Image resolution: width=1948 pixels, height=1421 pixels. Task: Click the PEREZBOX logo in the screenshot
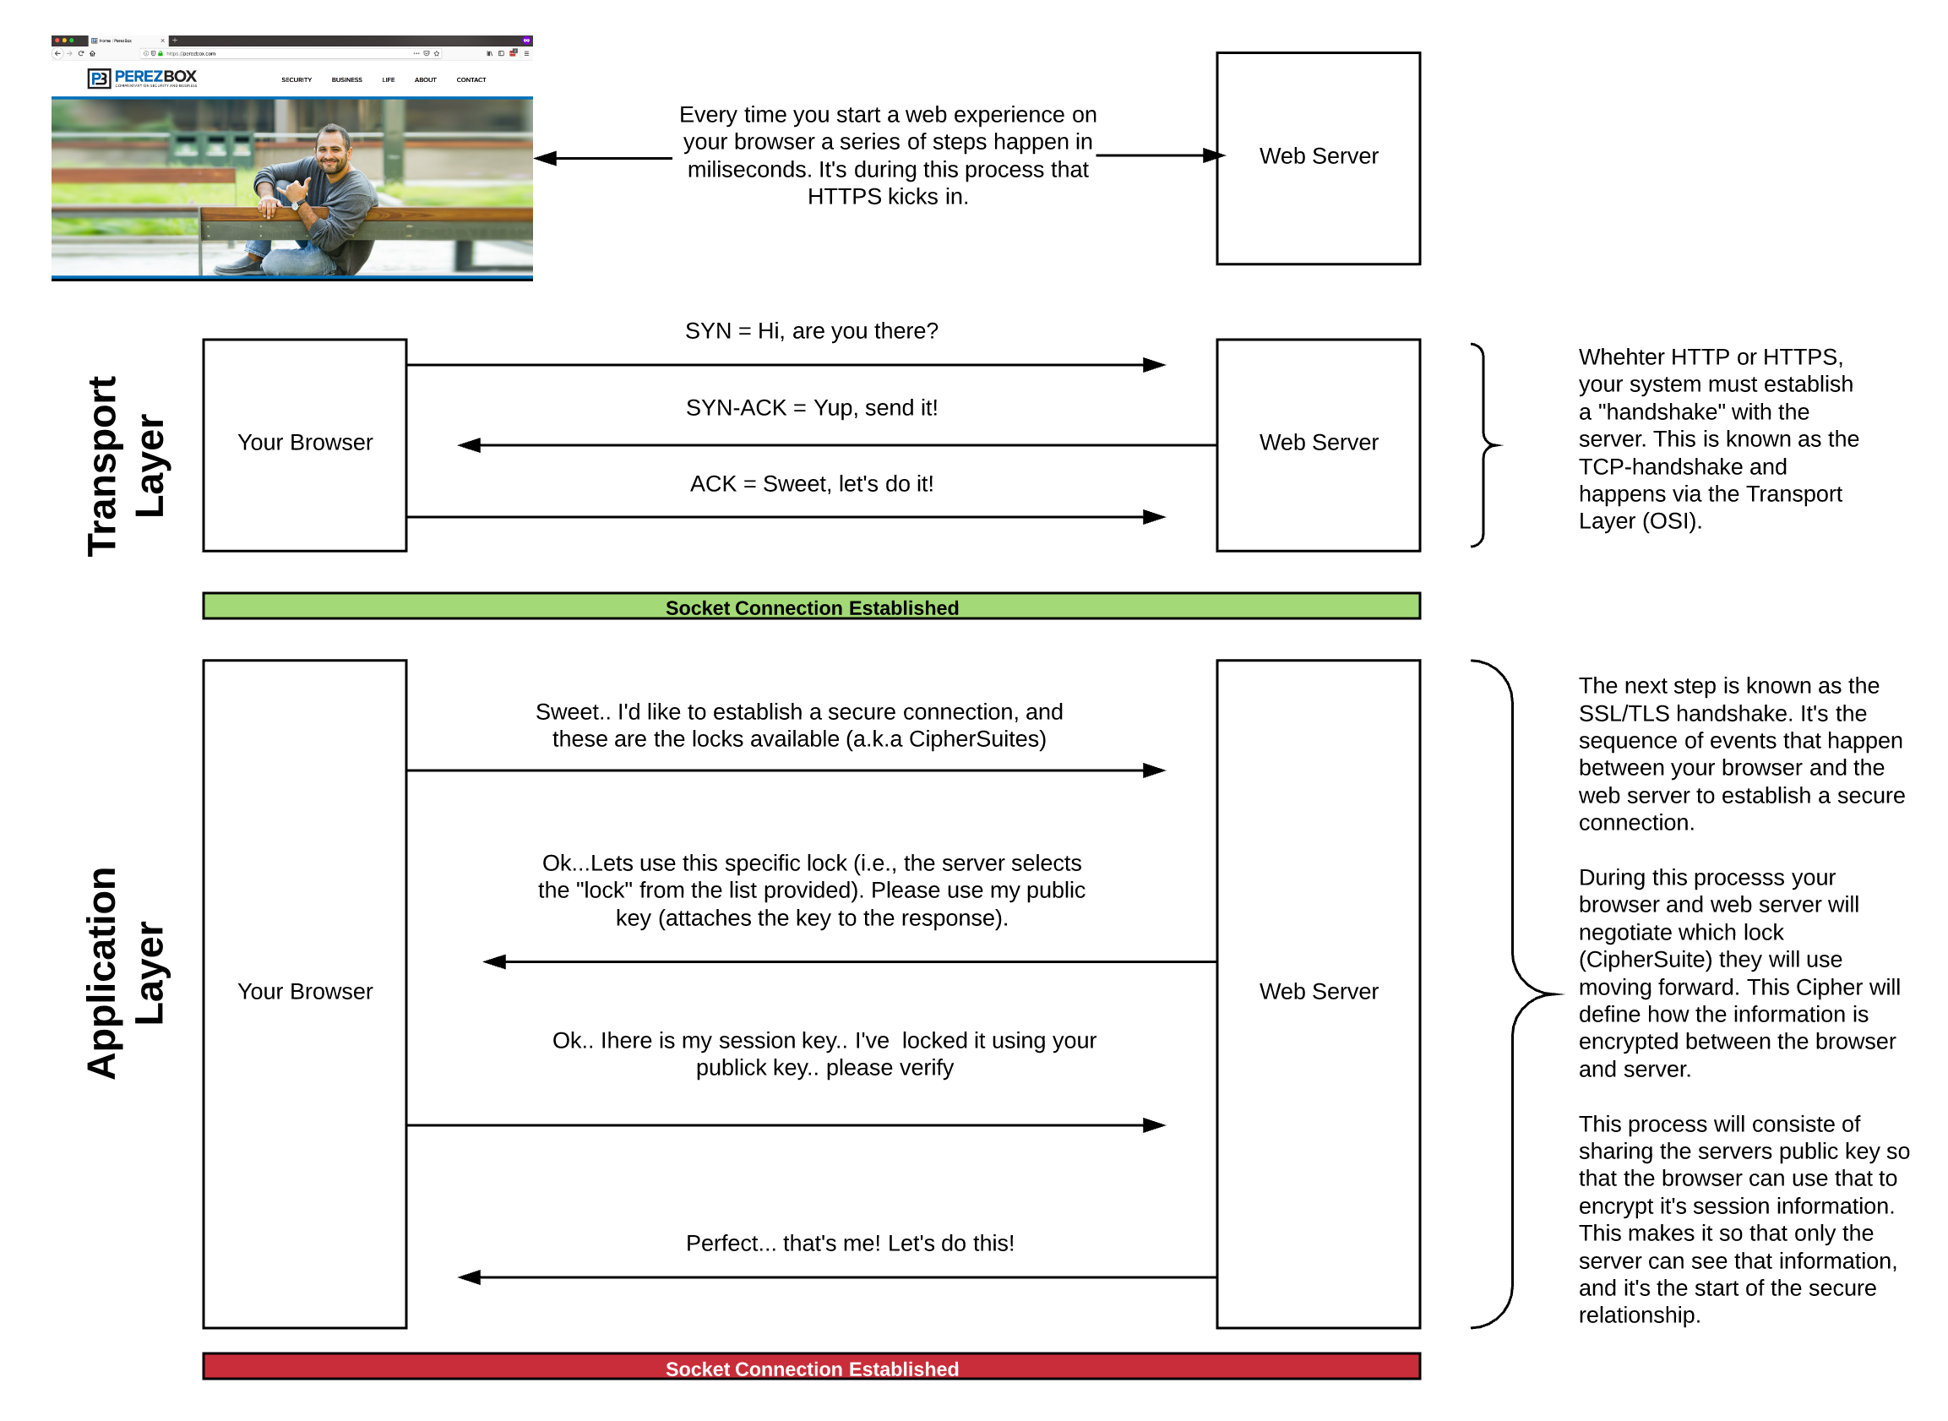143,79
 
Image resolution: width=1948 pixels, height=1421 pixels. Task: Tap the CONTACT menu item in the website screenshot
471,80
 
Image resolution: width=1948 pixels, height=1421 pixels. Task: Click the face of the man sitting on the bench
333,151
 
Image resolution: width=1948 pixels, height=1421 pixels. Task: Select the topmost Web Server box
1319,158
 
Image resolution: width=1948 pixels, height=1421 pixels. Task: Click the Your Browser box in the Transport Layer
305,444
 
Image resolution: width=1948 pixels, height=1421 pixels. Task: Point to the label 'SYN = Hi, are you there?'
812,331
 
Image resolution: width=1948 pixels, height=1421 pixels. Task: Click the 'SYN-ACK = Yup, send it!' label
812,408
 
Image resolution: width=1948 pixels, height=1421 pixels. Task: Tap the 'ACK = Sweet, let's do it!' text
812,484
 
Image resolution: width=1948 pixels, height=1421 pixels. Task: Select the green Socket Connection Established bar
812,607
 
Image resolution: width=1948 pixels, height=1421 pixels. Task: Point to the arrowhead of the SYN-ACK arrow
470,445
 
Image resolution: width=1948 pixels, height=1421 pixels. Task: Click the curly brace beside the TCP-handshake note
1486,445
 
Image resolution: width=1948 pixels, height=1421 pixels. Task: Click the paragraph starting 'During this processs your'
1738,973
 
